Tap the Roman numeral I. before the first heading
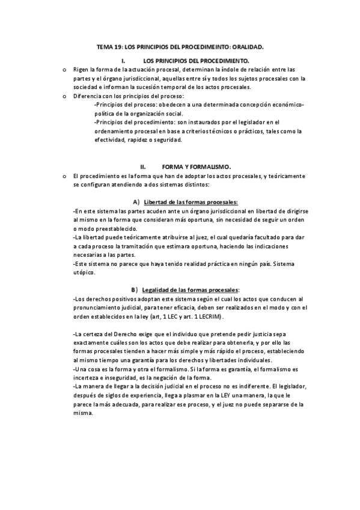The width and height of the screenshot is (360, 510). [x=123, y=61]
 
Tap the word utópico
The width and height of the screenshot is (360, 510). [x=87, y=272]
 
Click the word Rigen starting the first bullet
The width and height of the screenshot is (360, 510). [x=81, y=70]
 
